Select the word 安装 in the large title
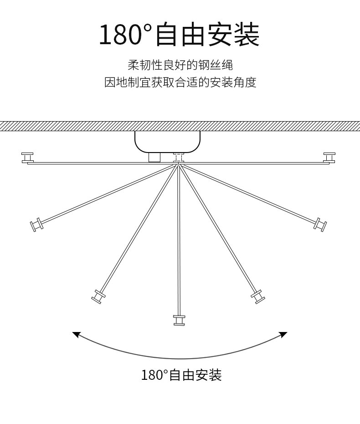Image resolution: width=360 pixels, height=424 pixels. click(233, 35)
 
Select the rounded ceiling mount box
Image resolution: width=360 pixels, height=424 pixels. click(167, 141)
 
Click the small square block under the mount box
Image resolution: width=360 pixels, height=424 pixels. click(155, 157)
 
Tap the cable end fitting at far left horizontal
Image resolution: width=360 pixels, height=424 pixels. click(28, 158)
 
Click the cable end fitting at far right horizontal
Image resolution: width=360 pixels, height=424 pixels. click(329, 158)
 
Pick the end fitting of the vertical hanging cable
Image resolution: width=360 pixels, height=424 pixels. click(179, 320)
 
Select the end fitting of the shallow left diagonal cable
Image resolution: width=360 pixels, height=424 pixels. click(36, 225)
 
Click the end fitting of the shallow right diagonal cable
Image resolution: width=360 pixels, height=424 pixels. click(321, 224)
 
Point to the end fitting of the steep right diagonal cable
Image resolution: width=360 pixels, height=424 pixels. click(258, 296)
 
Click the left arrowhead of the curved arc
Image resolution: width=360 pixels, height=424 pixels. click(76, 335)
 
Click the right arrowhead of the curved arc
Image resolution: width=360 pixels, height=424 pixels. click(283, 335)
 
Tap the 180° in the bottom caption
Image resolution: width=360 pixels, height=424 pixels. click(154, 375)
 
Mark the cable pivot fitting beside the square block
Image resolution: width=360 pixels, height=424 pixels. click(178, 158)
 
